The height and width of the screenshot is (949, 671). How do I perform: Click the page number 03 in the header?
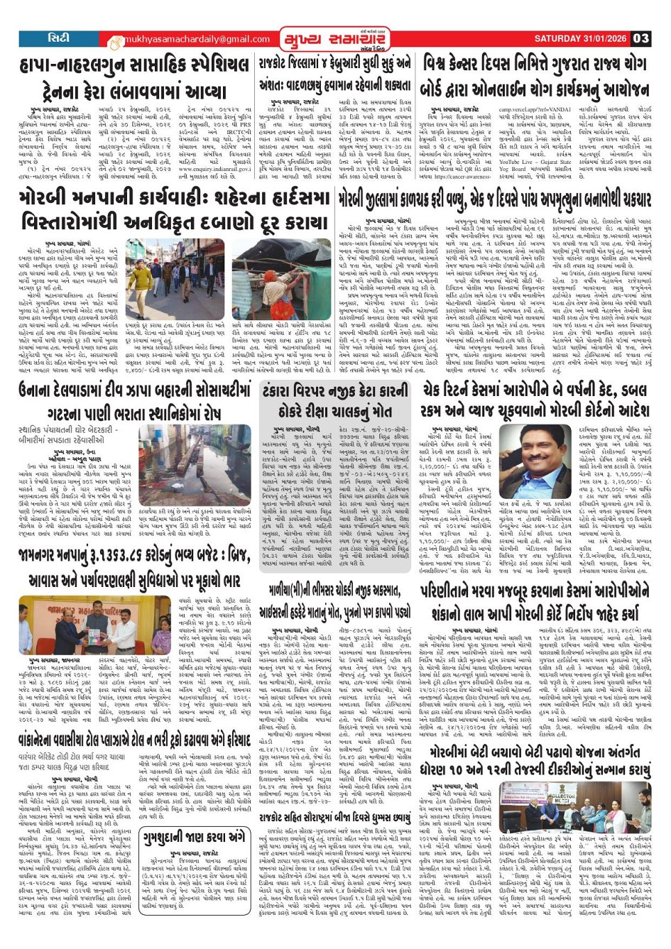640,38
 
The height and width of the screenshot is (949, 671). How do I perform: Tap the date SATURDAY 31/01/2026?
577,38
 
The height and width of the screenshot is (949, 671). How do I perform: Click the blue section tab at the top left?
56,38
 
